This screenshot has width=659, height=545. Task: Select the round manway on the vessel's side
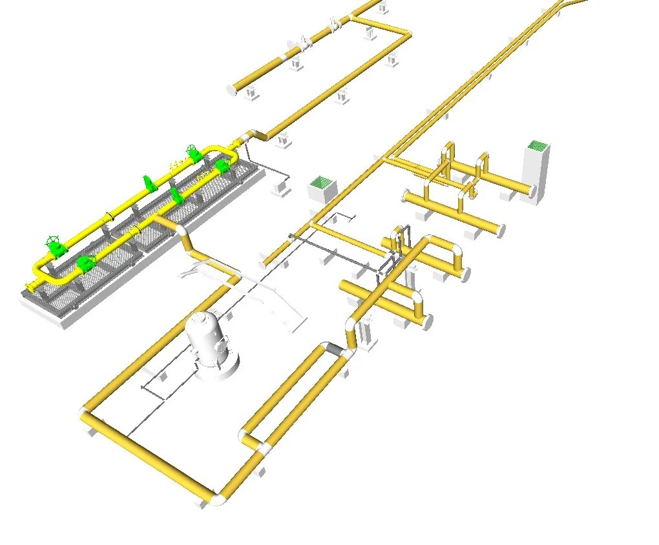(223, 347)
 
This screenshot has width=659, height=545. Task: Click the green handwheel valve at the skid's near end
(54, 247)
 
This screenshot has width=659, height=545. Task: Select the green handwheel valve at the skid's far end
(192, 153)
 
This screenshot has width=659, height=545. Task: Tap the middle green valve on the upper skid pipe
(149, 183)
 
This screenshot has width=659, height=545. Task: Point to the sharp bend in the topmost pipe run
(406, 34)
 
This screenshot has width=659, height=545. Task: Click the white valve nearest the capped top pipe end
(303, 45)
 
